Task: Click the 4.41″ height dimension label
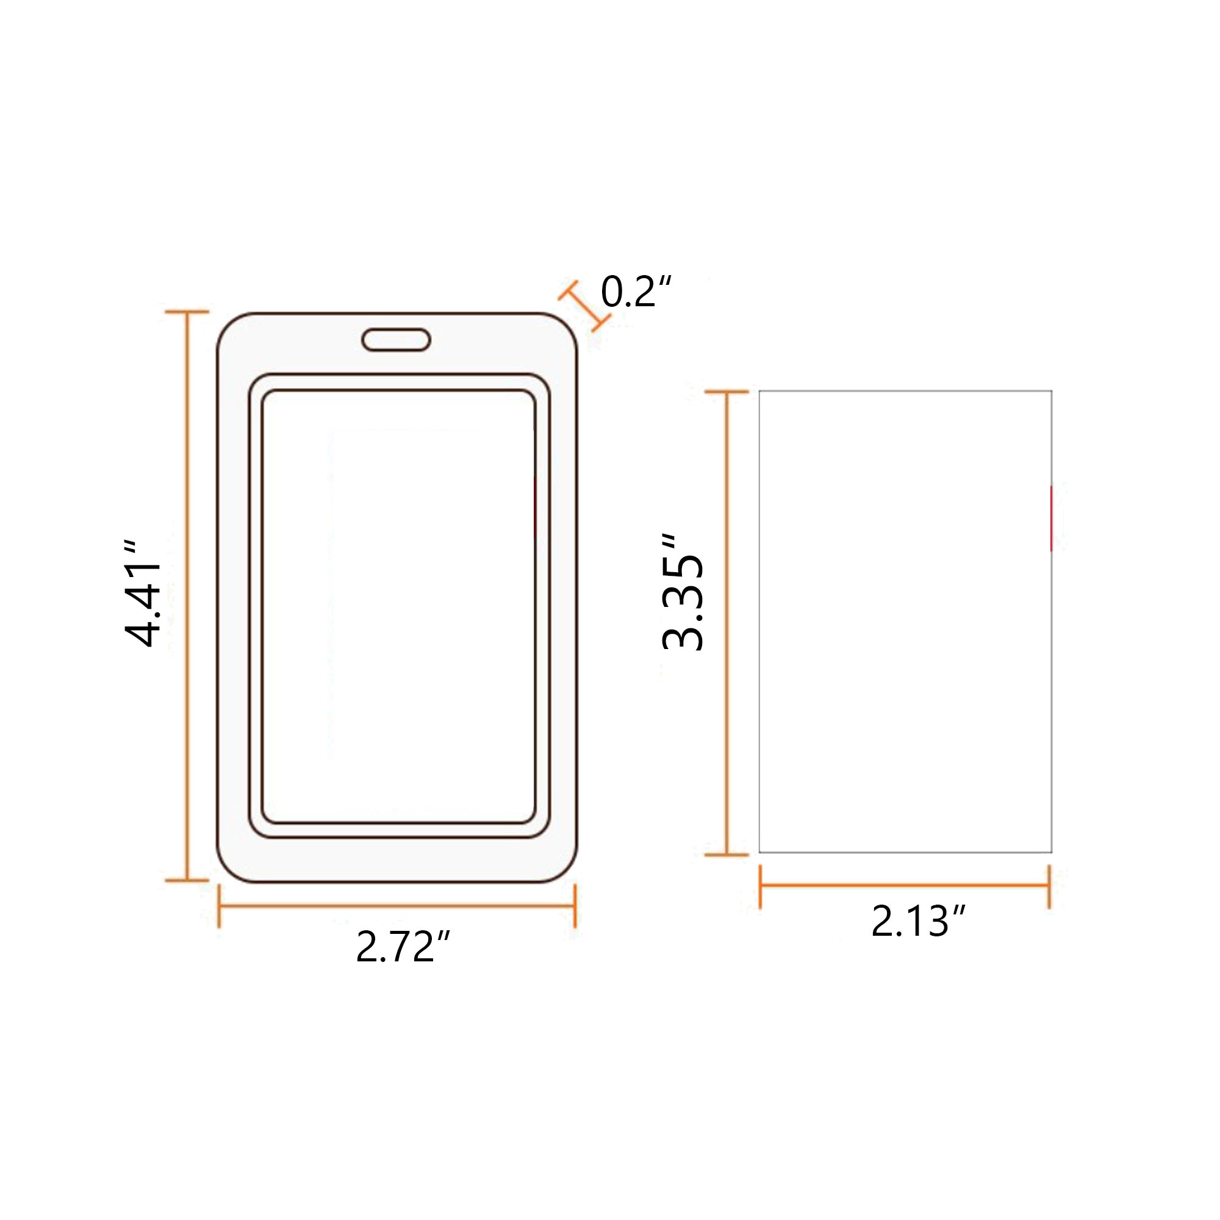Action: tap(144, 594)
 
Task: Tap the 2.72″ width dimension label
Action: tap(403, 946)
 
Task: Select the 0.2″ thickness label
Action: tap(636, 292)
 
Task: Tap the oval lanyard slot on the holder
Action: tap(396, 340)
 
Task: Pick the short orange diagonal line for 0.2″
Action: tap(585, 306)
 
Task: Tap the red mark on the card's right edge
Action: tap(1051, 518)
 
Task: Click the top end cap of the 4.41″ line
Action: tap(187, 311)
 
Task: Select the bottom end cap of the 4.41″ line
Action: tap(187, 880)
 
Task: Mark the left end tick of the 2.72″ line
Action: tap(219, 905)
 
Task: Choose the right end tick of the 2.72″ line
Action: tap(575, 905)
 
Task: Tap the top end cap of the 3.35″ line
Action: tap(727, 392)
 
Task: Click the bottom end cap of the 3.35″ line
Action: tap(727, 855)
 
